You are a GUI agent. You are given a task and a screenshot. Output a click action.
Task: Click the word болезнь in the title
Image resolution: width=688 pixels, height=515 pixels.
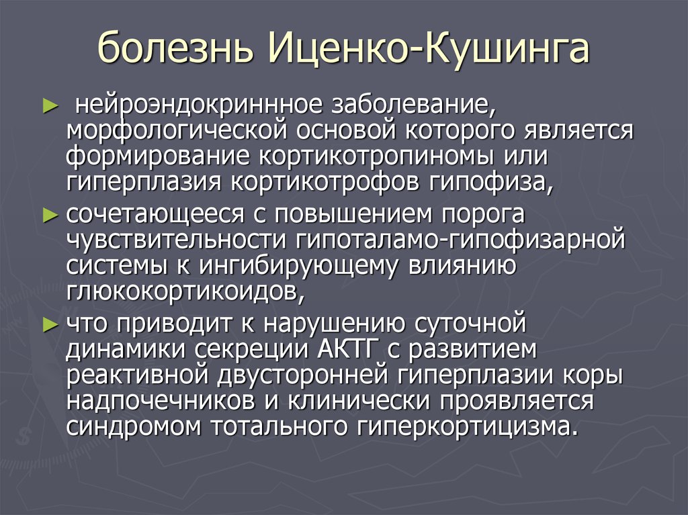click(x=175, y=47)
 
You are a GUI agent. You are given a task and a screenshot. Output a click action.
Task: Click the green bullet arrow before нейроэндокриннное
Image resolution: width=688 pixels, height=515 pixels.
click(x=50, y=106)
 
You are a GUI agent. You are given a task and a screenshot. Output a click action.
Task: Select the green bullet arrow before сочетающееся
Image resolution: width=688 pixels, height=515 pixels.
click(x=50, y=215)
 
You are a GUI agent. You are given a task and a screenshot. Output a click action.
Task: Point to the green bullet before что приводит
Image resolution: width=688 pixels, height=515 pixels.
click(x=50, y=324)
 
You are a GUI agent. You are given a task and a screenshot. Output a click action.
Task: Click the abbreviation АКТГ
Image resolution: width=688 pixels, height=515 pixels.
click(x=347, y=349)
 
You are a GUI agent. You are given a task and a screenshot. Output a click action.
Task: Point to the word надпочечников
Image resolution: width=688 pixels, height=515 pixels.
click(x=161, y=402)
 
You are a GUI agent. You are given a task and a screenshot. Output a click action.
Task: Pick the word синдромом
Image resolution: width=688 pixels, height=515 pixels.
click(x=134, y=427)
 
